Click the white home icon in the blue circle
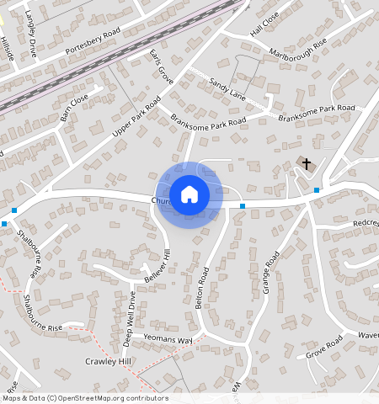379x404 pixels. (x=189, y=194)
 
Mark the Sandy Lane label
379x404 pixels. (x=227, y=88)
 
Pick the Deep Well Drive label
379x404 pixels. (x=131, y=318)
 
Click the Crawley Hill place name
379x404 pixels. (x=109, y=361)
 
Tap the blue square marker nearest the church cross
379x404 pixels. (x=317, y=191)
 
